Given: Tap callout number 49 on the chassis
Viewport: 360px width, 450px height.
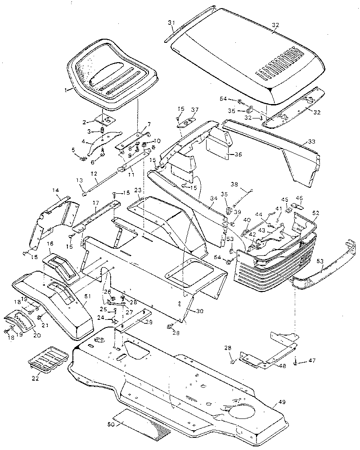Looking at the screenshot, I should point(282,401).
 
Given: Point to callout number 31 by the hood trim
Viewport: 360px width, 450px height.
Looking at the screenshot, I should point(171,23).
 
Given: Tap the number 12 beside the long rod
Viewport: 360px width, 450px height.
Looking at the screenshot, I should point(94,173).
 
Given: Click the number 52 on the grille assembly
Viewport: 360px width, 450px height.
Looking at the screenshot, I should point(315,213).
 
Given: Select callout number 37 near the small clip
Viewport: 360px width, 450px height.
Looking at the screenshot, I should point(194,110).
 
